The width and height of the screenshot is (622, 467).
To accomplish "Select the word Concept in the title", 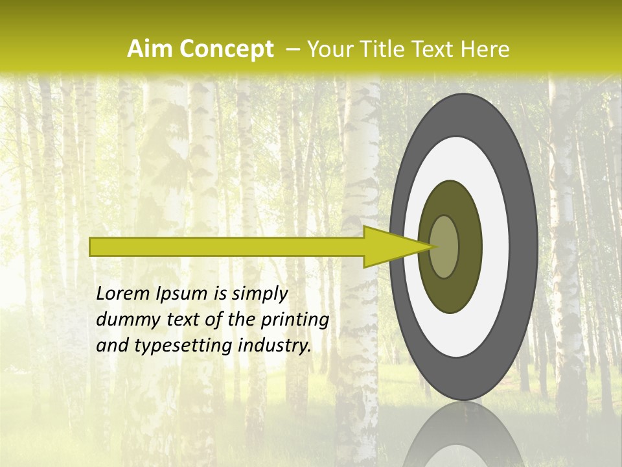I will [x=225, y=49].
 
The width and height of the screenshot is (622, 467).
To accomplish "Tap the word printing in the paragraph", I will [x=295, y=320].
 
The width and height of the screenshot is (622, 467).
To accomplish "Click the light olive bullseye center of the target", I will [x=444, y=247].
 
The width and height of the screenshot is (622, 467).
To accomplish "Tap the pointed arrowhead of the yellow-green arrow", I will [x=395, y=247].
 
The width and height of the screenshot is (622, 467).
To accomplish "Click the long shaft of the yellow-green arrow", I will [x=227, y=247].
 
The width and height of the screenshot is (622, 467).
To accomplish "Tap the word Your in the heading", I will [x=328, y=49].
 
